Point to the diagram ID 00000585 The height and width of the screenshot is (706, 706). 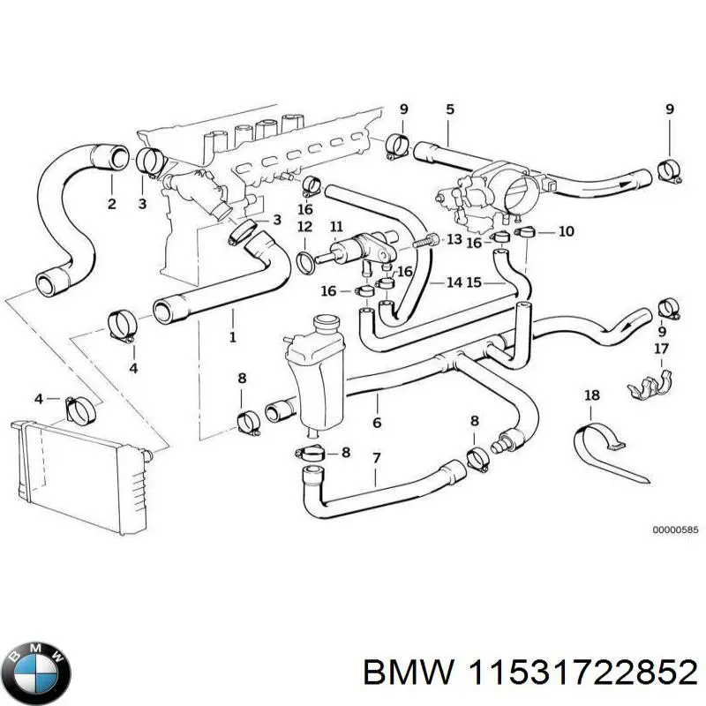tap(675, 530)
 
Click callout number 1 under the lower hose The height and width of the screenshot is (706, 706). tap(233, 336)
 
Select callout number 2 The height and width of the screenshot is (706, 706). tap(111, 205)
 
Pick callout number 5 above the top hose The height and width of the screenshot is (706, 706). tap(450, 109)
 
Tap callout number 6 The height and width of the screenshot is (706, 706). tap(377, 423)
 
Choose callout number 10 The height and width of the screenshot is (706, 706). tap(567, 231)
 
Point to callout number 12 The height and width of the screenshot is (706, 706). tap(304, 228)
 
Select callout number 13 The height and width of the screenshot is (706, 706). tap(454, 239)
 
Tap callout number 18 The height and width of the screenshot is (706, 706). tap(591, 395)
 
